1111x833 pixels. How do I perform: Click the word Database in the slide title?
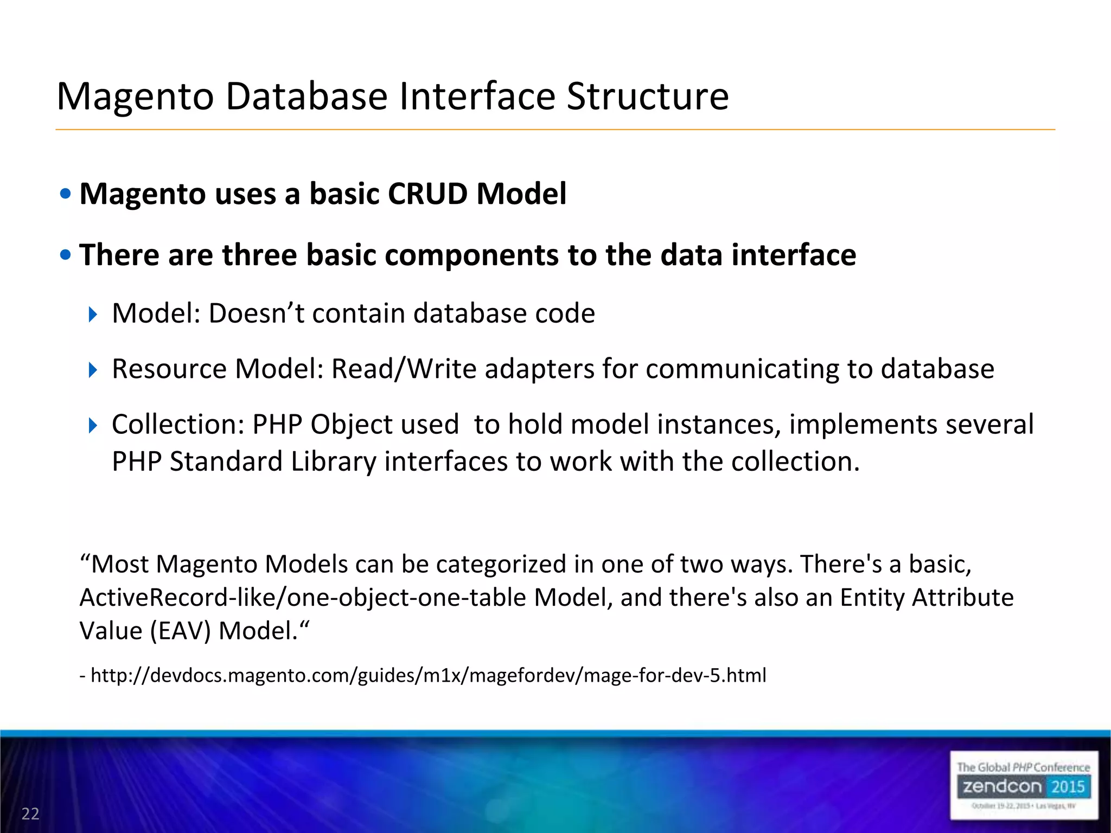pos(307,97)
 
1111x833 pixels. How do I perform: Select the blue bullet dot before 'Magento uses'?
pos(66,194)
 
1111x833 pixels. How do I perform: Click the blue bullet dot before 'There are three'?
pos(66,254)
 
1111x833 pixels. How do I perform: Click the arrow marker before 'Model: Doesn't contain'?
pos(93,314)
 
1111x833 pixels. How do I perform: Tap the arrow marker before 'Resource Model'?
pos(93,370)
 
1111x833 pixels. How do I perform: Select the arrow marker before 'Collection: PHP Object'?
pos(93,425)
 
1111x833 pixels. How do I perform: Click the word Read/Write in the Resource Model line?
pos(404,369)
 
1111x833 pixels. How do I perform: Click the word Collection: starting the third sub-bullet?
pos(178,424)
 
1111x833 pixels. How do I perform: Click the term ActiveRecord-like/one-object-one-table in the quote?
pos(303,598)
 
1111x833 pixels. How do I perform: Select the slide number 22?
pos(30,813)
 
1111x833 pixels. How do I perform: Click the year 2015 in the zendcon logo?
pos(1067,786)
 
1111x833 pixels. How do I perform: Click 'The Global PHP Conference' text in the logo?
pos(1023,767)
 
